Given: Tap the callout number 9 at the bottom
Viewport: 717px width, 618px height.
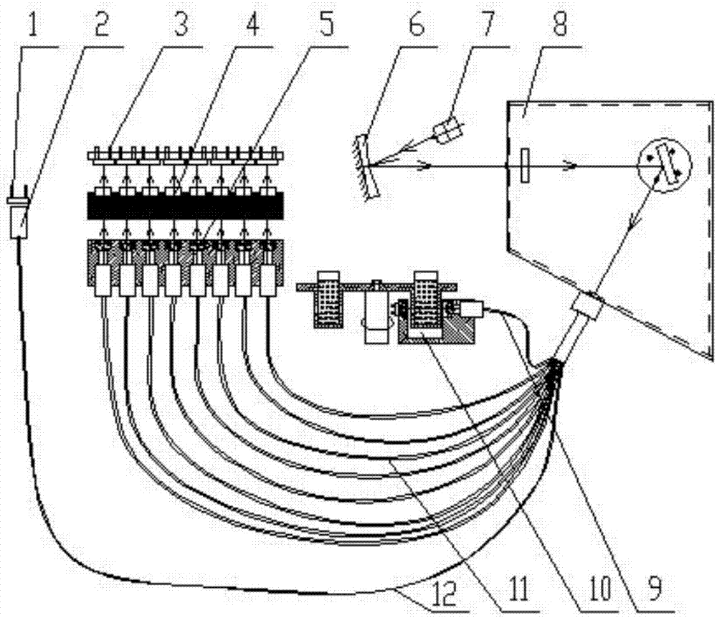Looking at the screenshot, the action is [x=655, y=587].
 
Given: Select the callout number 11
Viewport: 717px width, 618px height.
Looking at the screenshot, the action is [x=520, y=587].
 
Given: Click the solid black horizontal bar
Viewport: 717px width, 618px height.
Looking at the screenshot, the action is [x=185, y=206].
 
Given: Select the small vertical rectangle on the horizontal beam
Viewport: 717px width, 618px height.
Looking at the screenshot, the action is [x=526, y=166].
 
